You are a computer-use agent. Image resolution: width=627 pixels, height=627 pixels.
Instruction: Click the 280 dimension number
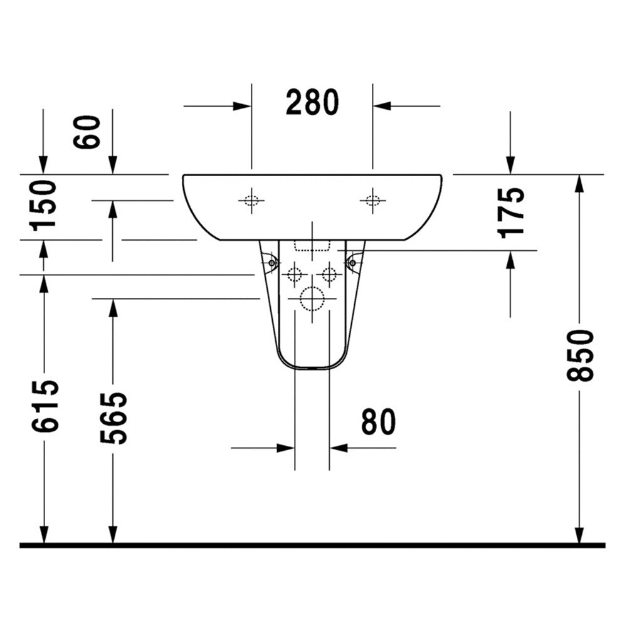(x=312, y=102)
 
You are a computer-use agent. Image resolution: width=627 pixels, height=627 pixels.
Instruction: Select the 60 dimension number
(x=87, y=132)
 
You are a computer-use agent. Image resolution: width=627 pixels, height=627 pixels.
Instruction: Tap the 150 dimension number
(x=43, y=206)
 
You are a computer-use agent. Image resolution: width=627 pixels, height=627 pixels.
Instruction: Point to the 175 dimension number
(x=510, y=213)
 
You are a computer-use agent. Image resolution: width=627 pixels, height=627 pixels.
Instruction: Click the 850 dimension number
(x=580, y=355)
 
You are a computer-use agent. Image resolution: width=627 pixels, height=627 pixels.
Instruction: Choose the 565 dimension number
(x=113, y=418)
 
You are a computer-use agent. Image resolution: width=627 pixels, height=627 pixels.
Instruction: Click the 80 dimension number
(x=378, y=421)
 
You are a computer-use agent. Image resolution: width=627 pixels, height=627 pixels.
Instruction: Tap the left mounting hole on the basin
(x=251, y=200)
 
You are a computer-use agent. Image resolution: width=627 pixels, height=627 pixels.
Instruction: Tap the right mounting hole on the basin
(x=372, y=200)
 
